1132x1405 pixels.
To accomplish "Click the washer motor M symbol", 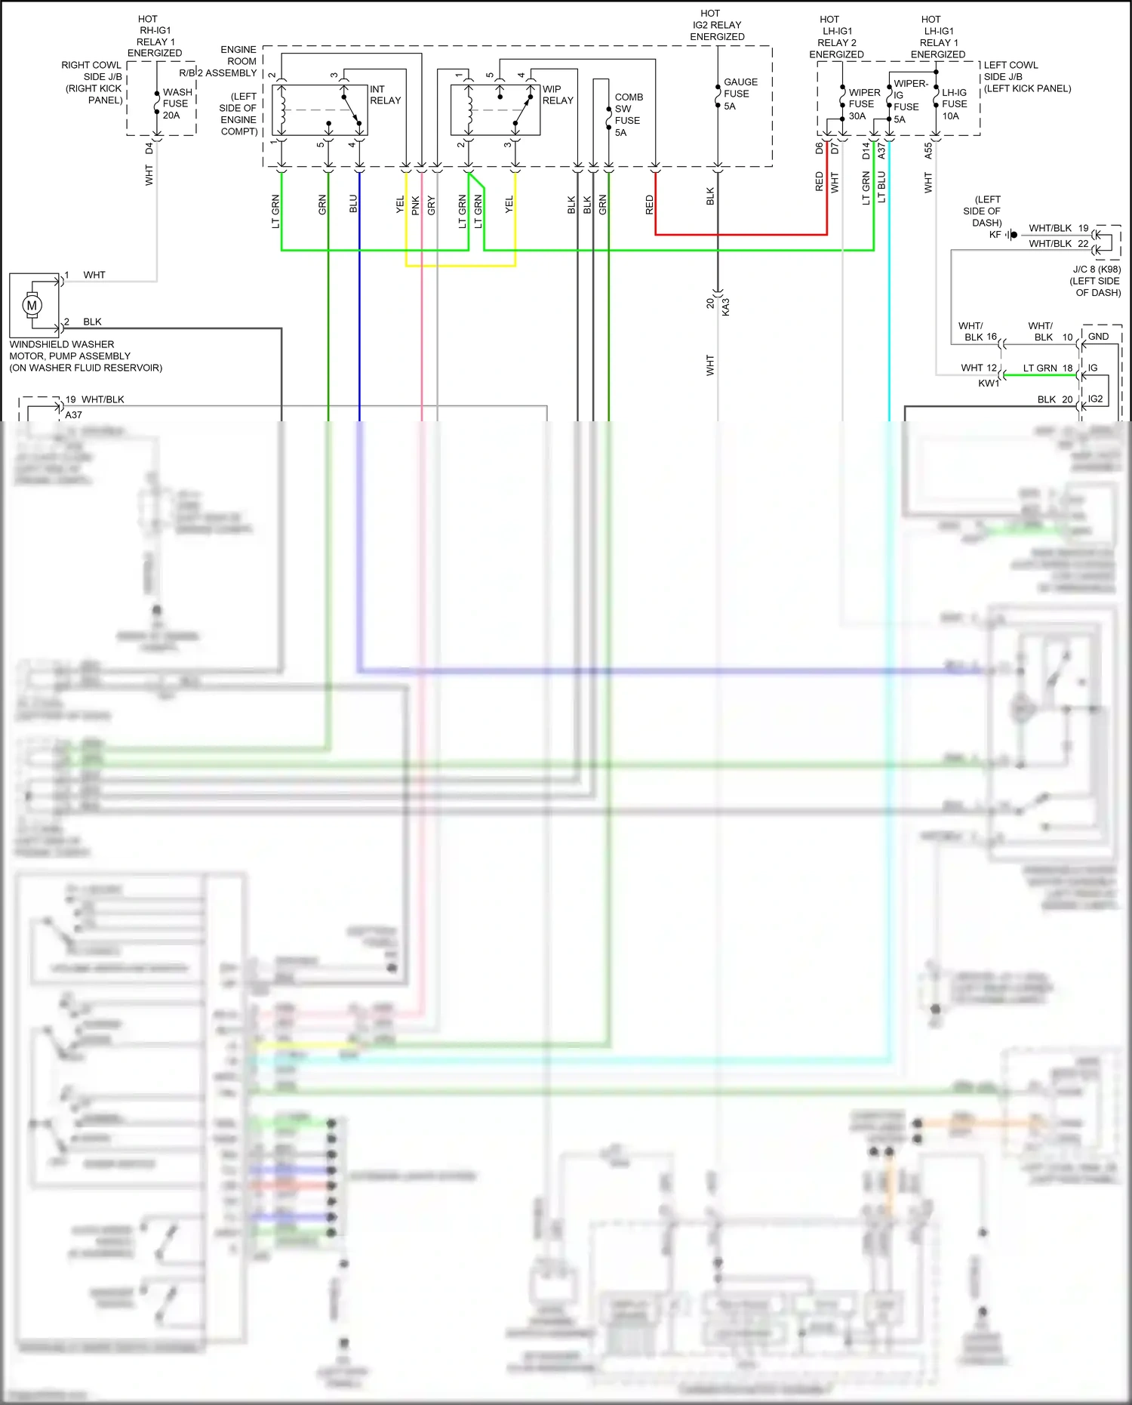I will pos(32,306).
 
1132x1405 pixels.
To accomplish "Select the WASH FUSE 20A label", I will pos(177,104).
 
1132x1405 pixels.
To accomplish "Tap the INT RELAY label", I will pos(385,95).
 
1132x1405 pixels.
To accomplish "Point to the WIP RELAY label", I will pos(558,95).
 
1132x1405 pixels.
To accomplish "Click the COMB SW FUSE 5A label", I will pos(628,115).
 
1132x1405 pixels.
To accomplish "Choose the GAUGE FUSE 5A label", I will pos(740,94).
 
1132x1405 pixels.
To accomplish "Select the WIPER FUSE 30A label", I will pos(863,104).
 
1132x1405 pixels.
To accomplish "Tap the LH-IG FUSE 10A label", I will pos(954,104).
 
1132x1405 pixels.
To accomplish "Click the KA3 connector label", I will pos(726,307).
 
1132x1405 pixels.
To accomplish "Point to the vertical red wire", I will pos(827,204).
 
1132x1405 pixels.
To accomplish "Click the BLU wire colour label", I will pos(353,204).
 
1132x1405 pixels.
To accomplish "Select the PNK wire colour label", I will pos(415,205).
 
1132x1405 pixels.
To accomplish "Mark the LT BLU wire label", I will pos(881,187).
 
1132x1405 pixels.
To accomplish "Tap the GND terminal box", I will pos(1098,337).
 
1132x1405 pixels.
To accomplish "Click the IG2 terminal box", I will pos(1095,399).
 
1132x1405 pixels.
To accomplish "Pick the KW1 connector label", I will pos(989,384).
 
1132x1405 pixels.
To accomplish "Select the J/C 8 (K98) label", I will pos(1097,270).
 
